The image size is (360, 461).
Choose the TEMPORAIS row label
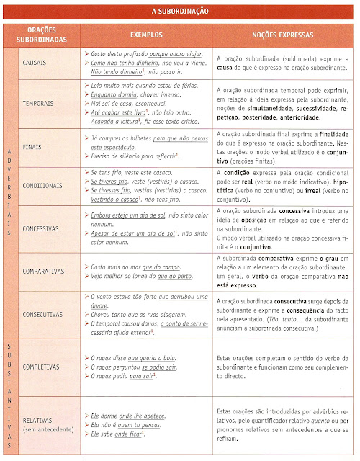[x=39, y=103]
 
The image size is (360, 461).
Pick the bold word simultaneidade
[x=276, y=107]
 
